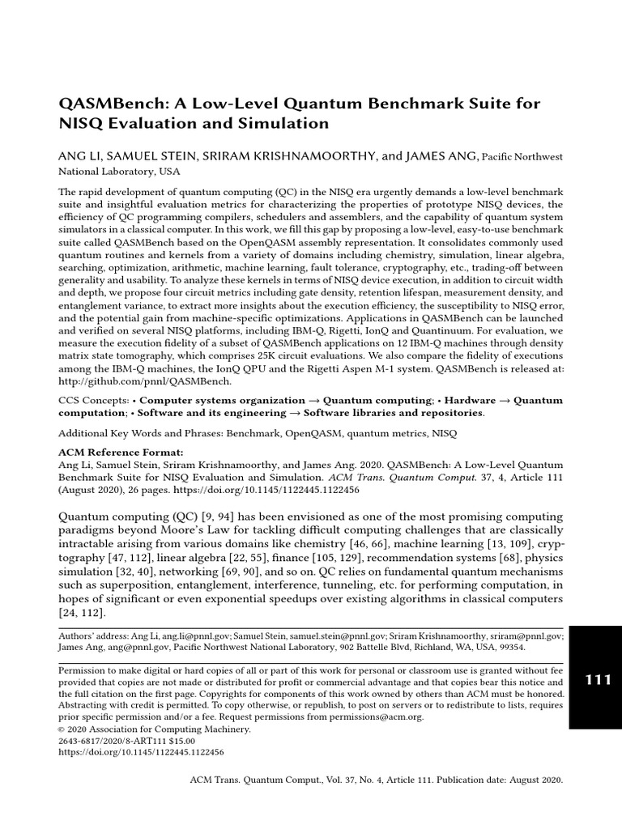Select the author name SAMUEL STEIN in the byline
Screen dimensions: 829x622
coord(147,155)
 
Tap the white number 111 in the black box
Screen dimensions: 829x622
coord(598,680)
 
